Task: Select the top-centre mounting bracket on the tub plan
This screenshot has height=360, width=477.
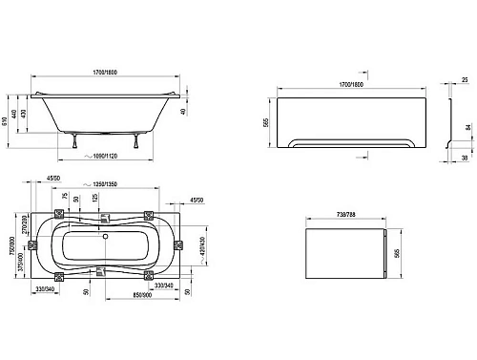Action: click(101, 214)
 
